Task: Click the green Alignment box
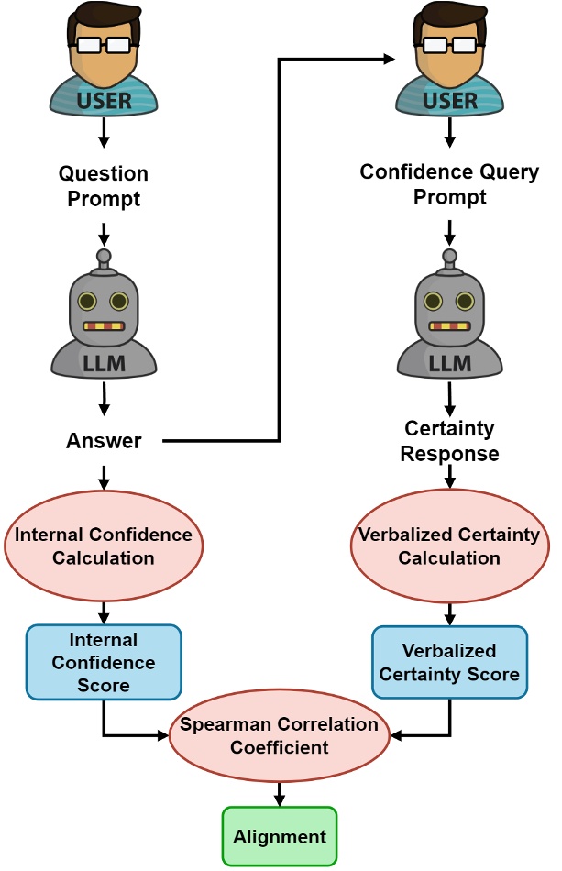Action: coord(280,836)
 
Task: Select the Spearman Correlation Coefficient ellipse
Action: coord(280,735)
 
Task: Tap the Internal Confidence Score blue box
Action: coord(104,662)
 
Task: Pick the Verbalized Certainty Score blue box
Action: coord(449,663)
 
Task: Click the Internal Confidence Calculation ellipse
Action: coord(104,546)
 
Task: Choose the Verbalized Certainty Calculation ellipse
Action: coord(449,546)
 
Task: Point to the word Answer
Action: coord(104,441)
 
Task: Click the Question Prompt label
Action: coord(104,184)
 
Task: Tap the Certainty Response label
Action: coord(449,441)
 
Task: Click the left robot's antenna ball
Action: coord(104,256)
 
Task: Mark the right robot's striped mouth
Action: coord(449,325)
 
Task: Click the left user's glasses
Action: coord(104,44)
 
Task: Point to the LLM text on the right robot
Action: coord(449,363)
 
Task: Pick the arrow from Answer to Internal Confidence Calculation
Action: coord(104,477)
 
